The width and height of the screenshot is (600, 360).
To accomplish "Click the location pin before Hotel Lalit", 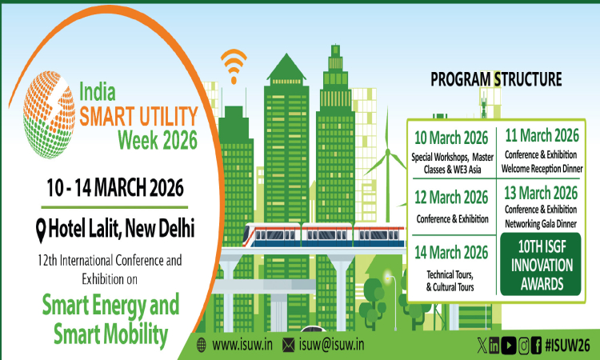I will click(41, 229).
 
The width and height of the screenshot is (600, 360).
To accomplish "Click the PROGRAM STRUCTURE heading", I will click(496, 79).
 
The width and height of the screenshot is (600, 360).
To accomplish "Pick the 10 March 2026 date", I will click(451, 136).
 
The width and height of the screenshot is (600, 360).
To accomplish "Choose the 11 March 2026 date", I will click(542, 134).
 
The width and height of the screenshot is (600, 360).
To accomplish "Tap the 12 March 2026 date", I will click(451, 196).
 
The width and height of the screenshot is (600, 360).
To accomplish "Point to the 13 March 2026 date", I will click(542, 192).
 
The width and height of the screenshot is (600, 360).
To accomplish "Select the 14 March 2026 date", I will click(451, 253).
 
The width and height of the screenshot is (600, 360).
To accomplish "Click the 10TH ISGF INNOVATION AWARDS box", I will click(541, 263).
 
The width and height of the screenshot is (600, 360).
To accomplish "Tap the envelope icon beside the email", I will click(287, 345).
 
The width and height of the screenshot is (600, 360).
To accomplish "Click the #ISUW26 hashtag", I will click(566, 345).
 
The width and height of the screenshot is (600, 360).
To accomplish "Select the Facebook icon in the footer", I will click(538, 345).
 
